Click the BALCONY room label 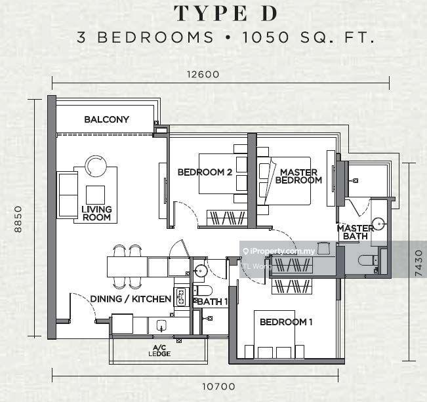pyautogui.click(x=106, y=119)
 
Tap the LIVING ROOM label pyautogui.click(x=96, y=213)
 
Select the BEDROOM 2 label pyautogui.click(x=205, y=172)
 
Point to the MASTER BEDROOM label pyautogui.click(x=298, y=176)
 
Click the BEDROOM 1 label pyautogui.click(x=286, y=322)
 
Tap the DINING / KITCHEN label pyautogui.click(x=131, y=299)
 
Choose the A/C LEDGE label pyautogui.click(x=159, y=351)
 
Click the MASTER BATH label pyautogui.click(x=356, y=232)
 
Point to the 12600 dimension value pyautogui.click(x=203, y=74)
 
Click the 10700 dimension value pyautogui.click(x=218, y=386)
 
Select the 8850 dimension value pyautogui.click(x=18, y=219)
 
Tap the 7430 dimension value pyautogui.click(x=419, y=263)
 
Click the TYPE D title pyautogui.click(x=226, y=14)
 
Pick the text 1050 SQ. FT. pyautogui.click(x=308, y=37)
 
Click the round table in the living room pyautogui.click(x=96, y=166)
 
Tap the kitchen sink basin pyautogui.click(x=161, y=325)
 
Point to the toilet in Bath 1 pyautogui.click(x=203, y=291)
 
